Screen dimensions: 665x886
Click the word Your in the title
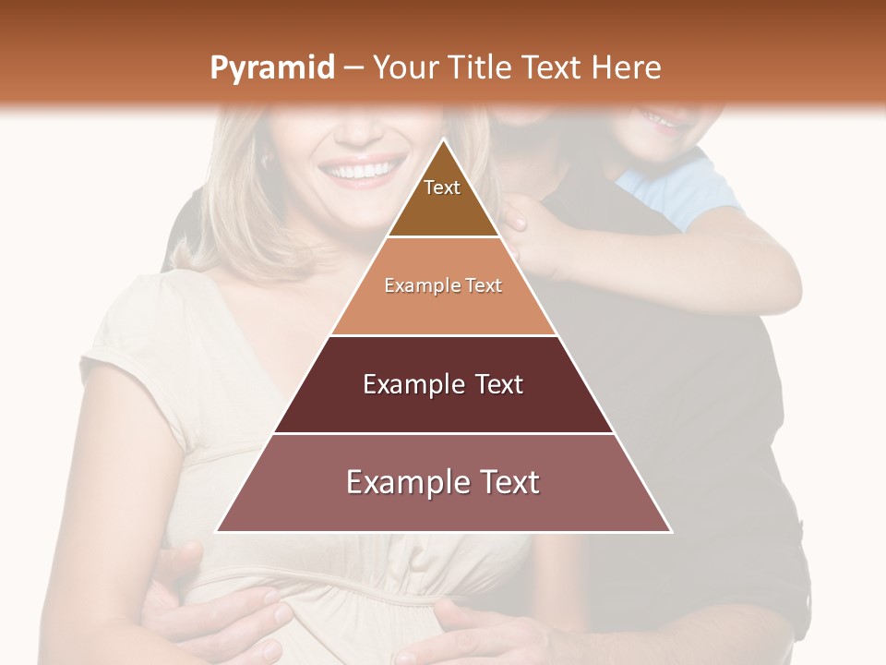click(x=403, y=67)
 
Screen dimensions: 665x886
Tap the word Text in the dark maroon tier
click(x=493, y=384)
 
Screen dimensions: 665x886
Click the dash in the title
click(x=353, y=68)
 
